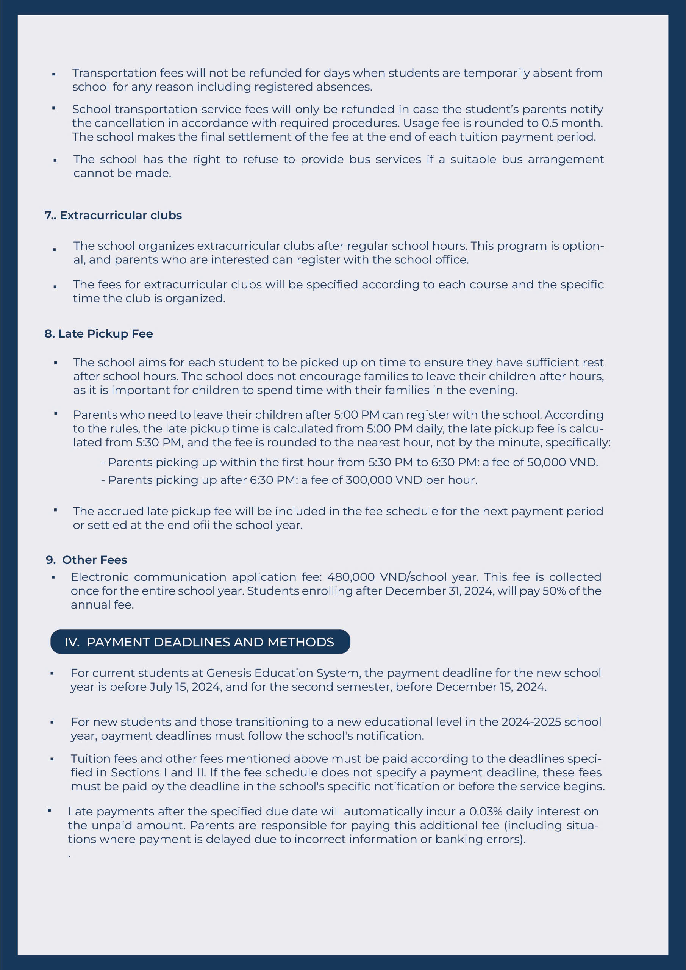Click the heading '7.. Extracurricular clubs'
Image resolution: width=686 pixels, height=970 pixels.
pos(113,216)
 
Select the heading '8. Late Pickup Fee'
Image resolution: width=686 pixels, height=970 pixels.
pos(98,334)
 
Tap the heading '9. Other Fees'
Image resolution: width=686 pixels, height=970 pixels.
pos(87,560)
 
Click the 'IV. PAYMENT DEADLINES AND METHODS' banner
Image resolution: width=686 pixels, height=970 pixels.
pos(200,642)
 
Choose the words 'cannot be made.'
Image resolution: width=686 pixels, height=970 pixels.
pos(122,173)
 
